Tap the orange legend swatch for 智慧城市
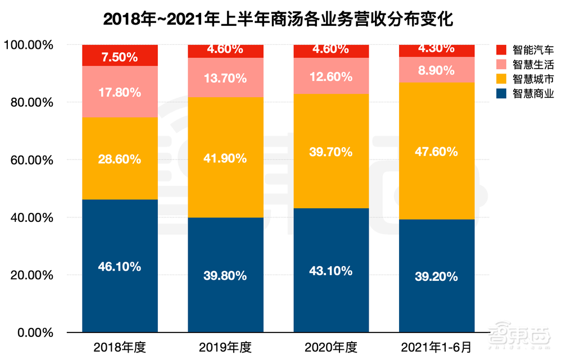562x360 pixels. click(x=501, y=79)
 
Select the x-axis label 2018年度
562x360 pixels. click(x=120, y=347)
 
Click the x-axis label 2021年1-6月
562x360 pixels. click(x=437, y=347)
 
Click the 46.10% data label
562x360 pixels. click(x=120, y=267)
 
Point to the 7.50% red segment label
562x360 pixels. click(x=120, y=57)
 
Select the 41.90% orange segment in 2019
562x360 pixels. click(x=225, y=158)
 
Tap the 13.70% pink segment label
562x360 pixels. click(x=225, y=78)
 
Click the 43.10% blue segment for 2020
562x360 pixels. click(x=331, y=270)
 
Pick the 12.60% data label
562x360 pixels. click(x=331, y=76)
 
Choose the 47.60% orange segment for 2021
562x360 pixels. click(x=437, y=151)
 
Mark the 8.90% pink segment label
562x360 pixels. click(x=437, y=71)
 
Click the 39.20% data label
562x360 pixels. click(x=437, y=276)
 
